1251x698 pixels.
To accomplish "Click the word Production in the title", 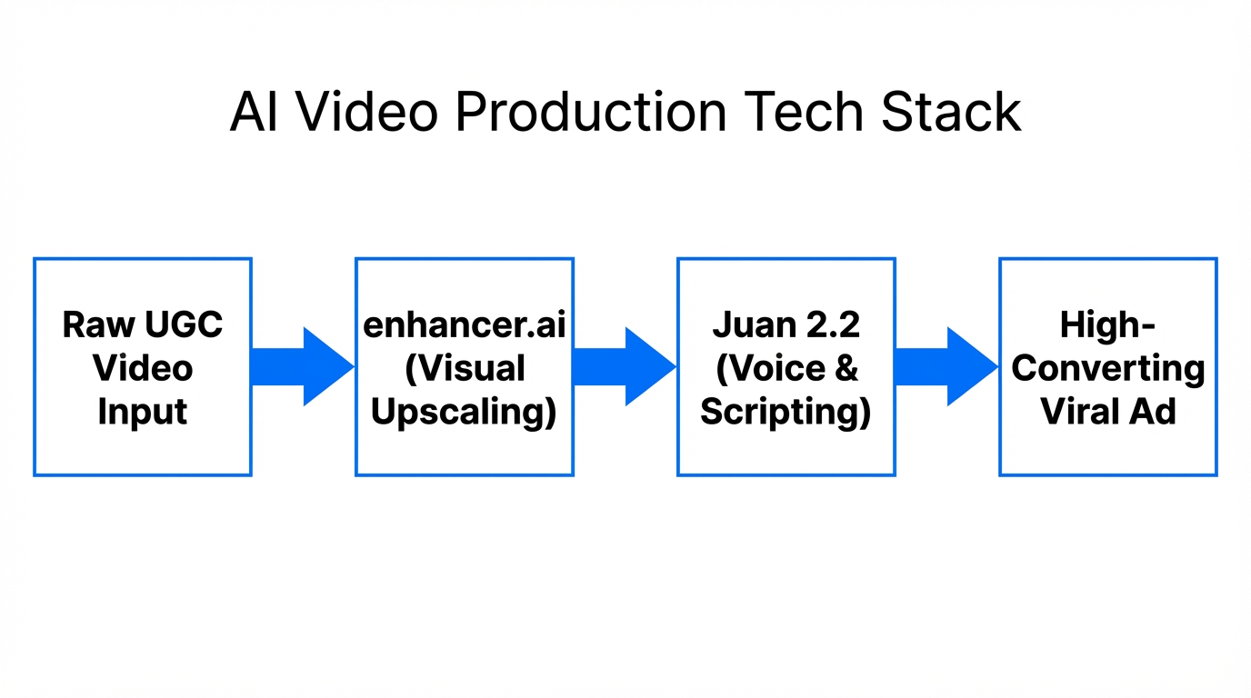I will coord(590,114).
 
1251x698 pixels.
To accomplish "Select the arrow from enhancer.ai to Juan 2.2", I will coord(625,366).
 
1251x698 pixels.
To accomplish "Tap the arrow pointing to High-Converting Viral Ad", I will coord(946,366).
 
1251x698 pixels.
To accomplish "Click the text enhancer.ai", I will coord(464,324).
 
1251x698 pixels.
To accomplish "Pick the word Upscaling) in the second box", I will coord(464,412).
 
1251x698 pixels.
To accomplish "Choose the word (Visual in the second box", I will coord(465,368).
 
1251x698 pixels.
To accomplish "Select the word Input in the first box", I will coord(143,412).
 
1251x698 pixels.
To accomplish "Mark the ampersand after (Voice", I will coord(845,368).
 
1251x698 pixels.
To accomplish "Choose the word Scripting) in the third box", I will coord(786,412).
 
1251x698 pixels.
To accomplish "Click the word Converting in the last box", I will coord(1107,368).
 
